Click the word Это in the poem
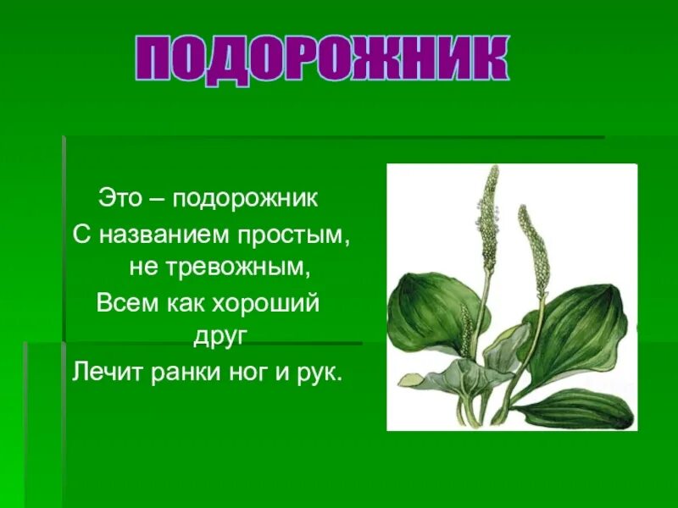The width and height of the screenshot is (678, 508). (119, 199)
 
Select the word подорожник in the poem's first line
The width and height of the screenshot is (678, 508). (246, 201)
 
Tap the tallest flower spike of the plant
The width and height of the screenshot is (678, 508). (488, 212)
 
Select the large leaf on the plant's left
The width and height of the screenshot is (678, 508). (432, 313)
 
